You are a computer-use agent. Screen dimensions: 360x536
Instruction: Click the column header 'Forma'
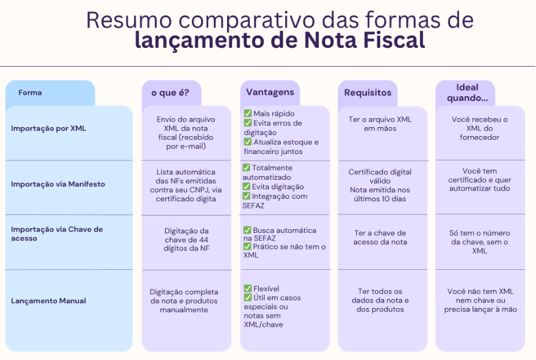(30, 93)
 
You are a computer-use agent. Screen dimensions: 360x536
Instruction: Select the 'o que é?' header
(170, 93)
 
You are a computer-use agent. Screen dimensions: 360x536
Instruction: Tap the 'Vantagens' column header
(270, 92)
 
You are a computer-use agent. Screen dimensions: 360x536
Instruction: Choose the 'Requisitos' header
(367, 93)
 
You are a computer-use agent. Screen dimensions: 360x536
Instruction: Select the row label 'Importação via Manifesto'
(57, 184)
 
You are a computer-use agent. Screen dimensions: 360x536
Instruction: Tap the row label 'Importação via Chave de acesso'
(57, 234)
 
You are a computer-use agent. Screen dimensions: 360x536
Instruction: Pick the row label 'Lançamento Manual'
(48, 301)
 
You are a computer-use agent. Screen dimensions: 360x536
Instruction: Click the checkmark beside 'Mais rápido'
(247, 113)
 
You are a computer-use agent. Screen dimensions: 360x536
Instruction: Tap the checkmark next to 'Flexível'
(247, 288)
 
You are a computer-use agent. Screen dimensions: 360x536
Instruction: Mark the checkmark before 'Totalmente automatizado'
(247, 168)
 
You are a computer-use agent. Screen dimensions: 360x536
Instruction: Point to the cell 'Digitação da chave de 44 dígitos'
(186, 239)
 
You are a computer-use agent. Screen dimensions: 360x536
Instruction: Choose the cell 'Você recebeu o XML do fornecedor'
(479, 128)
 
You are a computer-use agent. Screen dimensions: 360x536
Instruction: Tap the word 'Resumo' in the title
(123, 20)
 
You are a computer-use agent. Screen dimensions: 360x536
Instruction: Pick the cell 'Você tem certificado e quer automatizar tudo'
(479, 180)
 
